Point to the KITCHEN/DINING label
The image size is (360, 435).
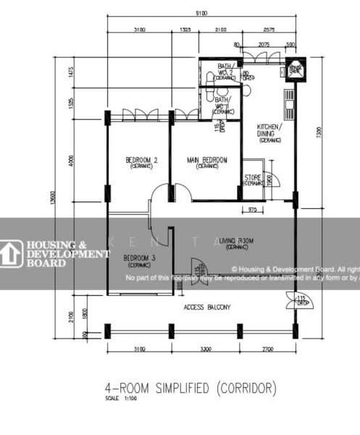click(270, 133)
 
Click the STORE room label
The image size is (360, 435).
click(253, 178)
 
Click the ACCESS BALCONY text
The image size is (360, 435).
click(208, 307)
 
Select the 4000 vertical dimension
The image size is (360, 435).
click(70, 159)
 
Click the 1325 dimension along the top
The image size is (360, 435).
click(185, 30)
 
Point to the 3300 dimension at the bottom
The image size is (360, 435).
click(204, 350)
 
